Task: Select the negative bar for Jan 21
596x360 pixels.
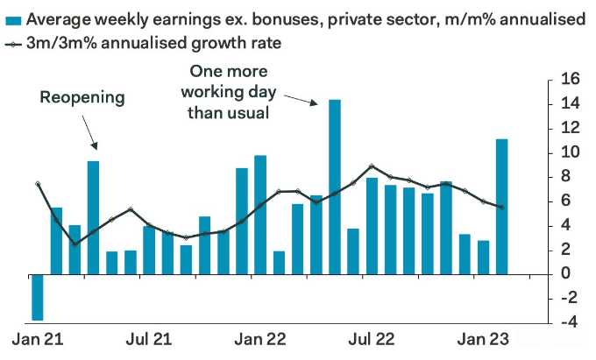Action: [x=38, y=297]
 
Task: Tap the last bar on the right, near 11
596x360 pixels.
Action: [x=501, y=206]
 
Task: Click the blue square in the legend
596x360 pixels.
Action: [x=11, y=19]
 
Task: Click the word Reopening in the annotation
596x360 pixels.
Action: [x=83, y=97]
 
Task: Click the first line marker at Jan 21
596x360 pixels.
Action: [x=38, y=184]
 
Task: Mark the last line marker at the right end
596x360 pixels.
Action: [x=500, y=208]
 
